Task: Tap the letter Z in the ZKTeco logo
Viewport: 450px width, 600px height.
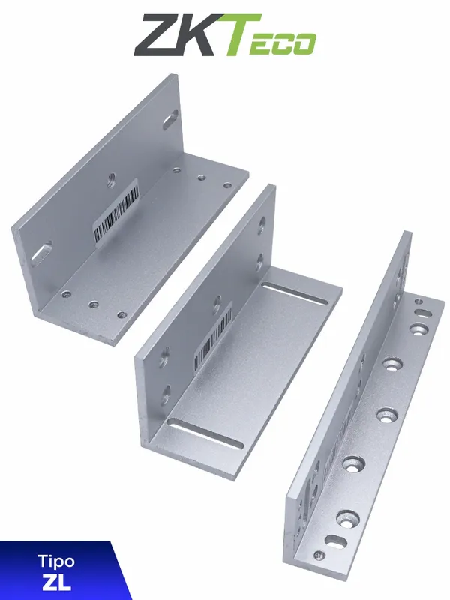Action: [x=159, y=36]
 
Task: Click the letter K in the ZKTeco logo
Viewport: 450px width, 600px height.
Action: [x=200, y=36]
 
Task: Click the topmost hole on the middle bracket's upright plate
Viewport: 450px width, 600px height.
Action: [x=261, y=222]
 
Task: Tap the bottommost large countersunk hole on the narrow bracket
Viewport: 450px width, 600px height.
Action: [x=348, y=517]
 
